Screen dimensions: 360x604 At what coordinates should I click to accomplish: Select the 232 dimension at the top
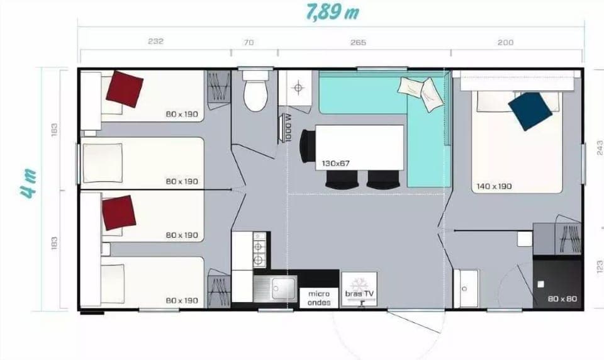(x=155, y=42)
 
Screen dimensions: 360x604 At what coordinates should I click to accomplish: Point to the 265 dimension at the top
(x=358, y=42)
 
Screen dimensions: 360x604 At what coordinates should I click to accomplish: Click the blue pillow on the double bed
(x=530, y=111)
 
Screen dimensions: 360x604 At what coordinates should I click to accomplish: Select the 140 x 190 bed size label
(x=495, y=186)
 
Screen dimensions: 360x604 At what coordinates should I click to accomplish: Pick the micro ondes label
(x=319, y=298)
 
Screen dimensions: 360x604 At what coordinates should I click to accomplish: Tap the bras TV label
(x=359, y=293)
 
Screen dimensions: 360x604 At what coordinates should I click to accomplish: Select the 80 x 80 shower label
(x=562, y=298)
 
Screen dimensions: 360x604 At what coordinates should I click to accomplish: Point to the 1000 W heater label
(x=287, y=128)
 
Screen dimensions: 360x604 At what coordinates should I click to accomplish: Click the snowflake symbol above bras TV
(x=359, y=281)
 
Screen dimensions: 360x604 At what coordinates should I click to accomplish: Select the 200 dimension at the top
(x=505, y=42)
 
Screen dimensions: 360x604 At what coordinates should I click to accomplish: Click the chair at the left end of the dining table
(x=306, y=145)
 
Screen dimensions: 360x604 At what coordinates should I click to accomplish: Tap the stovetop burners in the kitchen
(x=257, y=249)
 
